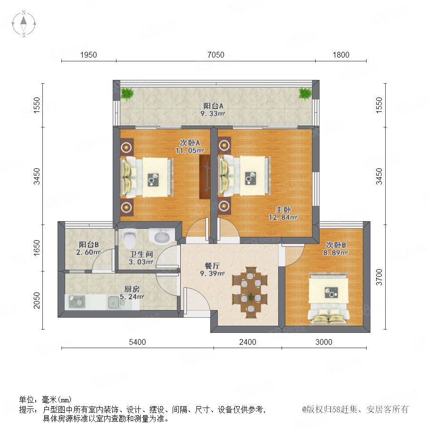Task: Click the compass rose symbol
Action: (24, 23)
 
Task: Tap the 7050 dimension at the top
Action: (215, 55)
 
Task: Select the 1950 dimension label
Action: (88, 55)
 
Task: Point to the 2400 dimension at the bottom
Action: (248, 342)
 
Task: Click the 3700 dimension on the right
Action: (379, 277)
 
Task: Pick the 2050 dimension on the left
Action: (37, 300)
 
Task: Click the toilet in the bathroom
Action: (130, 238)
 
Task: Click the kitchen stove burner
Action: (77, 302)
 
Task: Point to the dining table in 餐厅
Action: (250, 292)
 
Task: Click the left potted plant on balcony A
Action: (127, 93)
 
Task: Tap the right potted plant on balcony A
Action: (305, 93)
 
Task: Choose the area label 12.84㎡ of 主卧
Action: (283, 217)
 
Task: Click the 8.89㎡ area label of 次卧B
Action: (335, 253)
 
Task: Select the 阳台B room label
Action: (89, 244)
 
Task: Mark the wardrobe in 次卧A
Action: (204, 177)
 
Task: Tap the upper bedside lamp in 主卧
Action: (224, 146)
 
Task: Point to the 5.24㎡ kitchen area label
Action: (132, 296)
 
